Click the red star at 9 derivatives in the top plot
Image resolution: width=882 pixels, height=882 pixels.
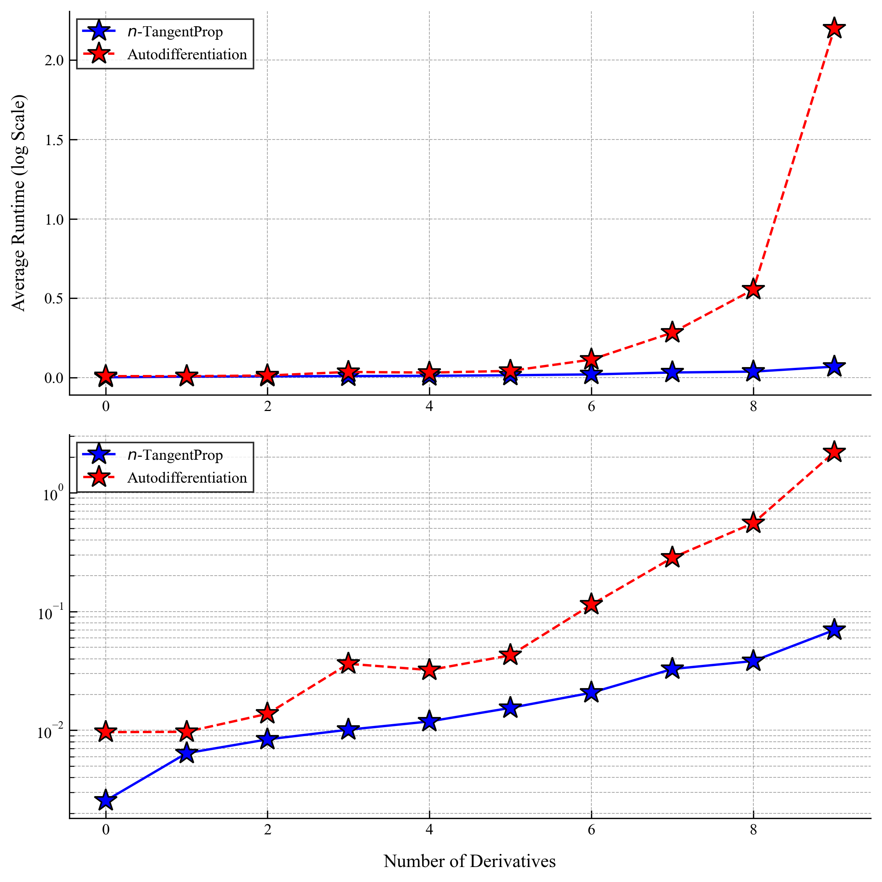834,28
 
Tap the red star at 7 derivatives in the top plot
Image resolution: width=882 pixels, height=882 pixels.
672,332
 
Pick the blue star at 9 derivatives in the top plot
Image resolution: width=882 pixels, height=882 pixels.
834,367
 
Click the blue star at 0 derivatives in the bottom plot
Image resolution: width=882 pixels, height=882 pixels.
106,800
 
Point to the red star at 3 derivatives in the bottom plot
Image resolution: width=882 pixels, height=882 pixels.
348,663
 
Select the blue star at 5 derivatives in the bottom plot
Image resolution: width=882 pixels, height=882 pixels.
510,708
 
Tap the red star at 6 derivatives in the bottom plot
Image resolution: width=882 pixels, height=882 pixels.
591,604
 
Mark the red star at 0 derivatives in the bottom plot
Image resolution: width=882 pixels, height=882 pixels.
106,732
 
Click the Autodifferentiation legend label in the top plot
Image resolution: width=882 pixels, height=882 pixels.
187,55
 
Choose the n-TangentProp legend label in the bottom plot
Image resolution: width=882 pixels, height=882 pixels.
175,455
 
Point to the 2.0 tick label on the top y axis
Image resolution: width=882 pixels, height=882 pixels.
54,60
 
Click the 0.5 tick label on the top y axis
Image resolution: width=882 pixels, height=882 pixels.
54,299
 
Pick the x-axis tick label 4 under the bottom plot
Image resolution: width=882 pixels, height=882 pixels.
429,829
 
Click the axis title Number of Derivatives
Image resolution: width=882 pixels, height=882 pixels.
469,861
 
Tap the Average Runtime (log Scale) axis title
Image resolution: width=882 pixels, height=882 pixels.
19,203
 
